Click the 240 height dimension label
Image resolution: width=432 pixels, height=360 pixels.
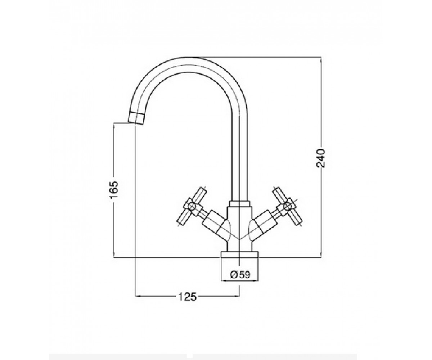[x=321, y=158]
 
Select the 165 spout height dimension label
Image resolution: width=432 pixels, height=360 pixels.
[x=114, y=189]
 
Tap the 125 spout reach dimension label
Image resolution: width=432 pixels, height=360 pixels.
[x=187, y=297]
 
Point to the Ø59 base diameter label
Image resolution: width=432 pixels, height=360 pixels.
[x=240, y=275]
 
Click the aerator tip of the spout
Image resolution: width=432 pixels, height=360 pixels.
[x=136, y=118]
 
